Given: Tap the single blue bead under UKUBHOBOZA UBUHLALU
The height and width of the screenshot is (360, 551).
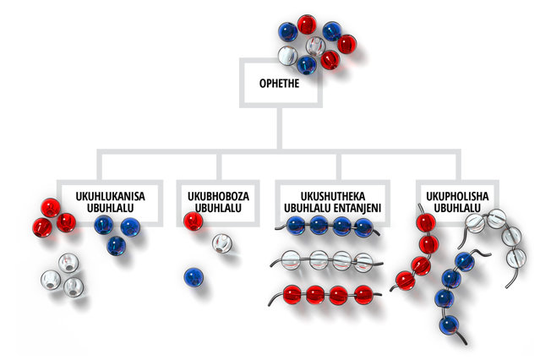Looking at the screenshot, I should coord(194,276).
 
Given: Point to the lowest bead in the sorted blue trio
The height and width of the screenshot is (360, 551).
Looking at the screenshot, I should coord(116,246).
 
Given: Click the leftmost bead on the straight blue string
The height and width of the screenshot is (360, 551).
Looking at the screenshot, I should coord(296,226).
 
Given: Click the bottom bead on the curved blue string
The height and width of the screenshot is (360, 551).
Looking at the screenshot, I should coord(450,324).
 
